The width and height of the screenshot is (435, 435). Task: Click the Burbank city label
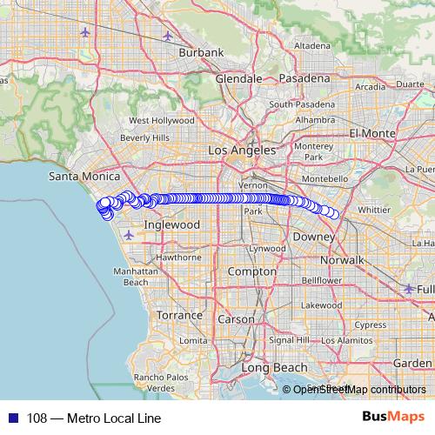(x=196, y=52)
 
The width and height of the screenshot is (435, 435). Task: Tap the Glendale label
(x=238, y=78)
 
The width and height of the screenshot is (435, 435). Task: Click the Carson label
(x=237, y=319)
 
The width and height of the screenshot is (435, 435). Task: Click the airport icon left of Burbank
(x=84, y=33)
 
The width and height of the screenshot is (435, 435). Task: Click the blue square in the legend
(x=12, y=418)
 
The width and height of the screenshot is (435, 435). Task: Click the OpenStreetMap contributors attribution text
(x=359, y=390)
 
